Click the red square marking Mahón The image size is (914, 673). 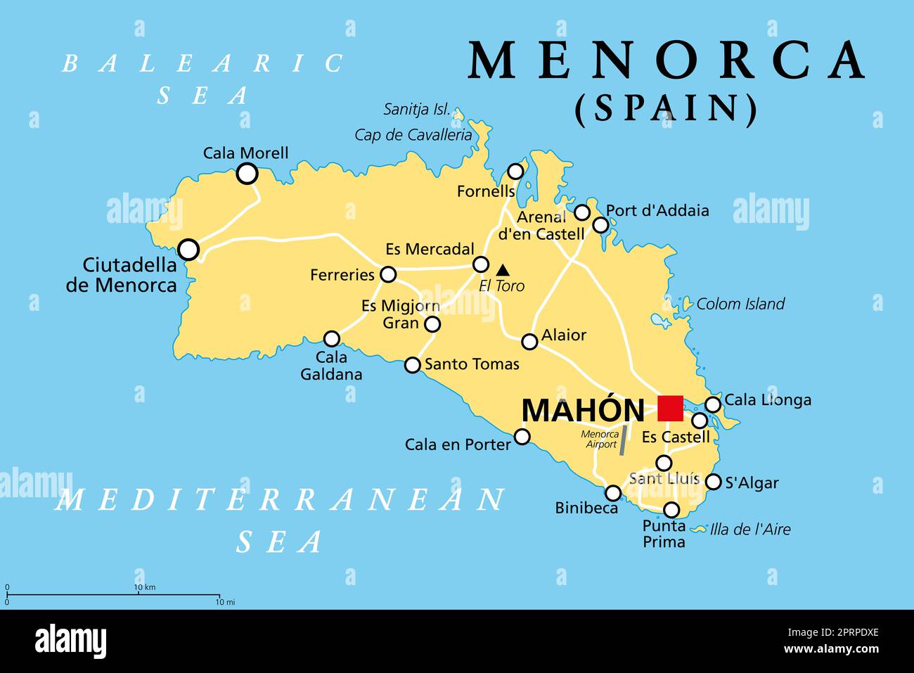[x=670, y=408]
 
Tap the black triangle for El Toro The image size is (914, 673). [x=503, y=270]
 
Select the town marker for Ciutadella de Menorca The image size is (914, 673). [x=188, y=250]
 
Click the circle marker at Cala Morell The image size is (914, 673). [x=247, y=174]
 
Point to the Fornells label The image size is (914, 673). [x=485, y=191]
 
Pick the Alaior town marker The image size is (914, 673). [x=529, y=342]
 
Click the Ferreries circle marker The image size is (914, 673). [x=388, y=274]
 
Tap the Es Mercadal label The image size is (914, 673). [x=430, y=250]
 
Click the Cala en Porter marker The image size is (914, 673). [x=522, y=437]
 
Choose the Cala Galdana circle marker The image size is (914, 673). [x=331, y=339]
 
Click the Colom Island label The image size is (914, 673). [x=740, y=304]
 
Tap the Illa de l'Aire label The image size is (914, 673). [x=749, y=530]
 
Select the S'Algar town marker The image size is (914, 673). [x=713, y=482]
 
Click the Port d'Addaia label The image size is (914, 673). [x=657, y=210]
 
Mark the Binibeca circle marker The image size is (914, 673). [x=613, y=493]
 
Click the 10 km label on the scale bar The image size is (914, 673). [x=144, y=587]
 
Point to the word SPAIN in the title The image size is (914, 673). [x=667, y=109]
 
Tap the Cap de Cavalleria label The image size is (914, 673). [x=413, y=135]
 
